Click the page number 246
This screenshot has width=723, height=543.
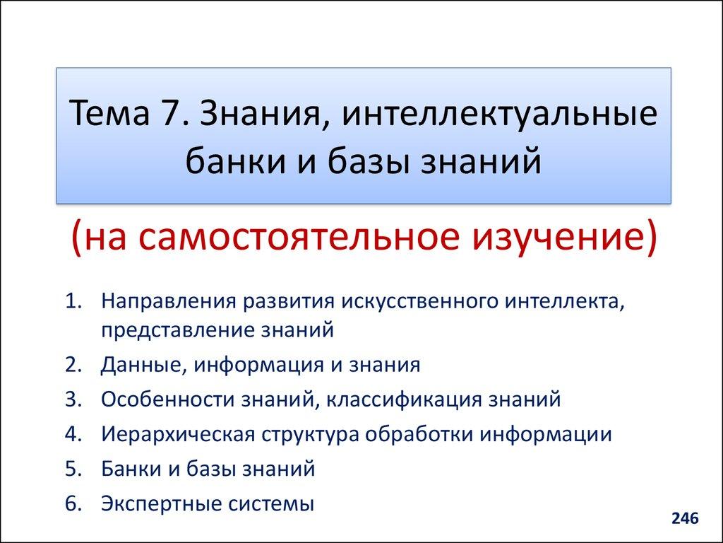[684, 519]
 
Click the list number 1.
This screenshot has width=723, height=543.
[73, 302]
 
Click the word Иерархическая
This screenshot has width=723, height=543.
[177, 433]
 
